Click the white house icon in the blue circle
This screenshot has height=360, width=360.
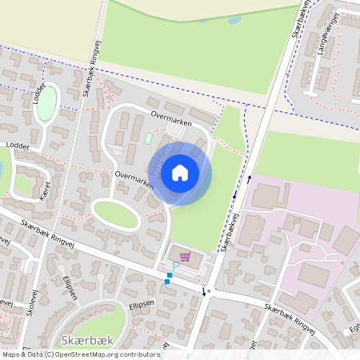179,173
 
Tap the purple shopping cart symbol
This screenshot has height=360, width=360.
186,257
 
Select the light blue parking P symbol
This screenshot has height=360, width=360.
175,266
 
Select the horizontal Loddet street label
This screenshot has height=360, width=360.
17,146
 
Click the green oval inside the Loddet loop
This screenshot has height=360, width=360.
48,102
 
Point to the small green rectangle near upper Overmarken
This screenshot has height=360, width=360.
148,138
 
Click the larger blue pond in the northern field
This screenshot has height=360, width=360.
234,20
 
